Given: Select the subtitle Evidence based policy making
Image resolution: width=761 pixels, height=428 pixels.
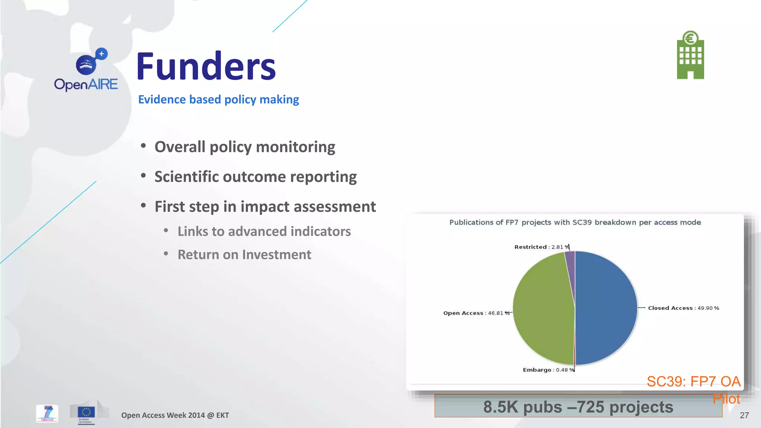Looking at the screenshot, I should click(218, 100).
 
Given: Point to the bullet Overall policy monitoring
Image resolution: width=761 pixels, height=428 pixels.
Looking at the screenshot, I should click(245, 147).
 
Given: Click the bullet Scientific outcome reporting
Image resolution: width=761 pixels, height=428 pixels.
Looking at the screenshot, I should click(255, 177).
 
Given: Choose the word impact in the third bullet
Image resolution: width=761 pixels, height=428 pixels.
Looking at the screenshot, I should click(265, 207).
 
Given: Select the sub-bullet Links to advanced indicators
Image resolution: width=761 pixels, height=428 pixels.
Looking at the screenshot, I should click(264, 231).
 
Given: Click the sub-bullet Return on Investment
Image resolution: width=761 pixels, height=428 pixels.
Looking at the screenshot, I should click(244, 255).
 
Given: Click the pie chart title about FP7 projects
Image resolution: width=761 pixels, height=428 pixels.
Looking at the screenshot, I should click(575, 223).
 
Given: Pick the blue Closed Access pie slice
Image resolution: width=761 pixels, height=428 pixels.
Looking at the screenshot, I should click(606, 308).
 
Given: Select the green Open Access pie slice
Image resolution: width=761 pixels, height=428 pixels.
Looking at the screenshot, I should click(543, 308).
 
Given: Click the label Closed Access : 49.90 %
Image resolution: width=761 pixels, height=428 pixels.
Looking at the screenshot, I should click(683, 308).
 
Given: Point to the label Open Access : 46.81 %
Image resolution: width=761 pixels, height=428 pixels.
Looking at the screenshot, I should click(476, 313).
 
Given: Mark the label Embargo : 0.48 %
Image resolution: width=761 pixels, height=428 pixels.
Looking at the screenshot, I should click(548, 370).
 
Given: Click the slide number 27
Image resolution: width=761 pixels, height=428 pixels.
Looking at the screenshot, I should click(744, 415).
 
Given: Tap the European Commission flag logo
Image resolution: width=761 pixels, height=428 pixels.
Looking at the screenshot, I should click(86, 412).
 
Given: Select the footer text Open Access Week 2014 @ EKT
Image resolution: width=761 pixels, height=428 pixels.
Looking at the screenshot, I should click(175, 415).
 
